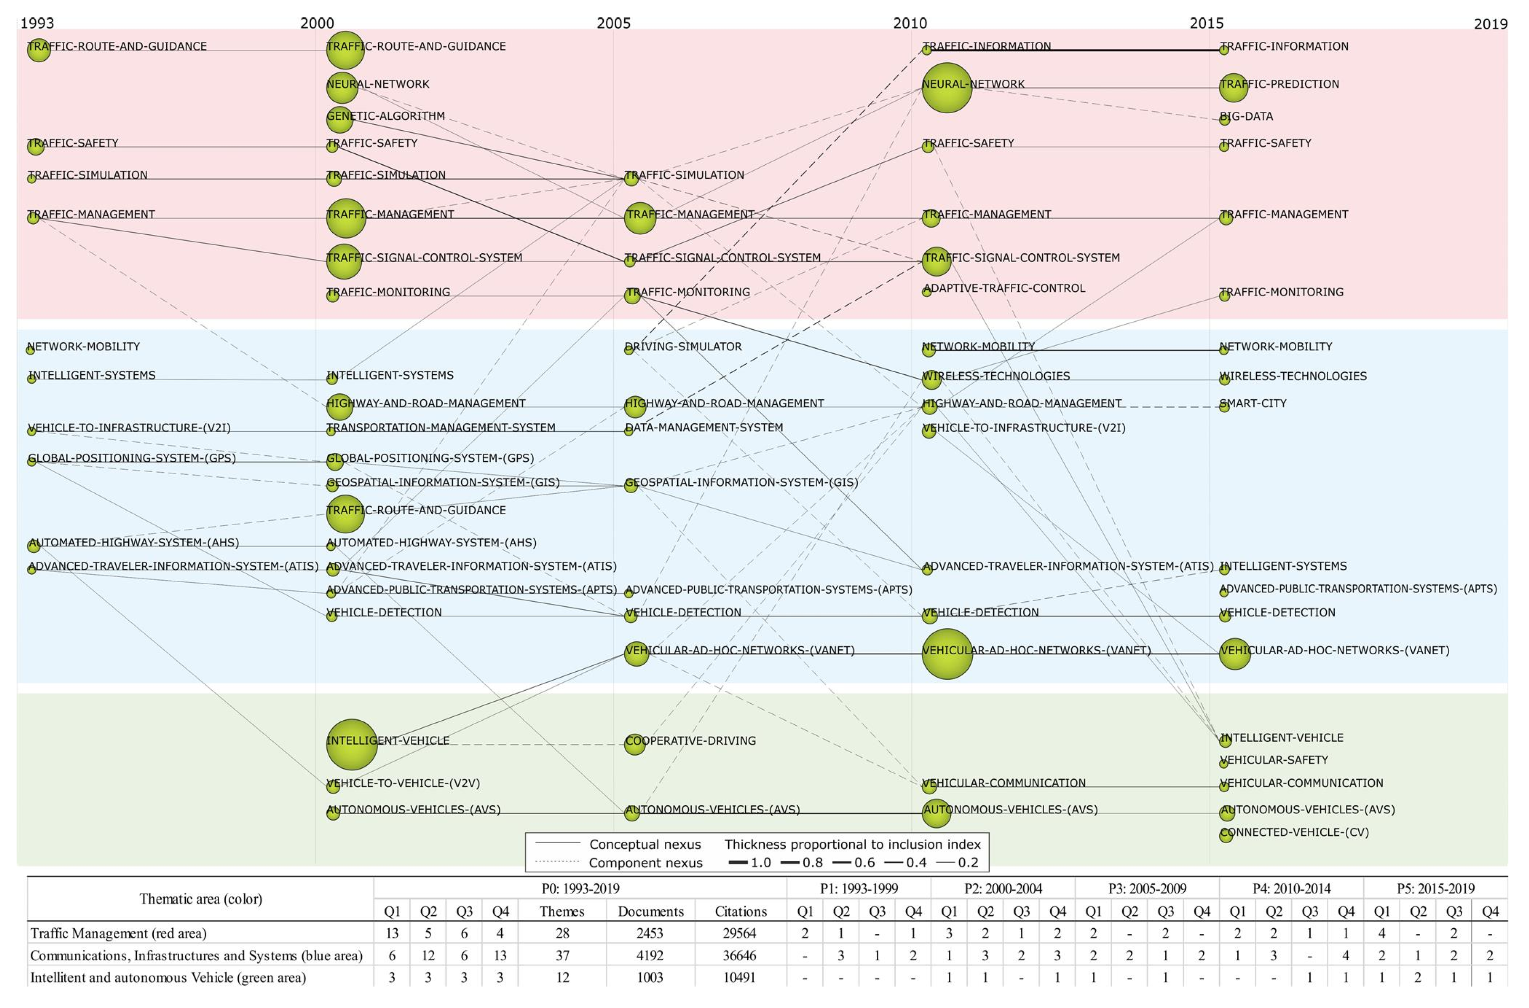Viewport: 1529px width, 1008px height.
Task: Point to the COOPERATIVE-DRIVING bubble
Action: click(634, 745)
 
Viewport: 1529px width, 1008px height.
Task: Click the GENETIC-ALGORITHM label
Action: click(386, 116)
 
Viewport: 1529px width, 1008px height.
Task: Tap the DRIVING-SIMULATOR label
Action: click(683, 346)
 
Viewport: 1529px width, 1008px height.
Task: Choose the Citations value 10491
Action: click(740, 977)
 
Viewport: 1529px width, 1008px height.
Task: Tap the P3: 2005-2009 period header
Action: click(1147, 889)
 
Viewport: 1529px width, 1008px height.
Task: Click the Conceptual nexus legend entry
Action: click(645, 844)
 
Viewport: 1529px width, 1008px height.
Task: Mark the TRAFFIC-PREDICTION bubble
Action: click(1233, 88)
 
